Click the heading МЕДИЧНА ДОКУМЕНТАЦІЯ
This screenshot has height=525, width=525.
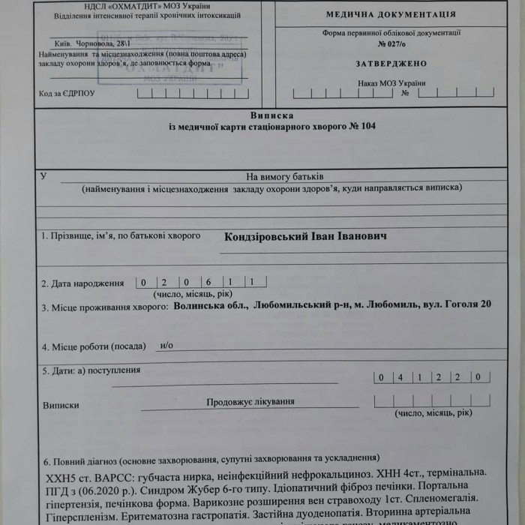tap(390, 14)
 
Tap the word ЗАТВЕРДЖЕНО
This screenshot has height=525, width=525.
tap(391, 64)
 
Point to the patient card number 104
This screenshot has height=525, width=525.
tap(368, 126)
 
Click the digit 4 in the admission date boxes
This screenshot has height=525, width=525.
tap(400, 376)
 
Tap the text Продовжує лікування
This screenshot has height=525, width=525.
tap(250, 401)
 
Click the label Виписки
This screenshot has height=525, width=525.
tap(61, 404)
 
